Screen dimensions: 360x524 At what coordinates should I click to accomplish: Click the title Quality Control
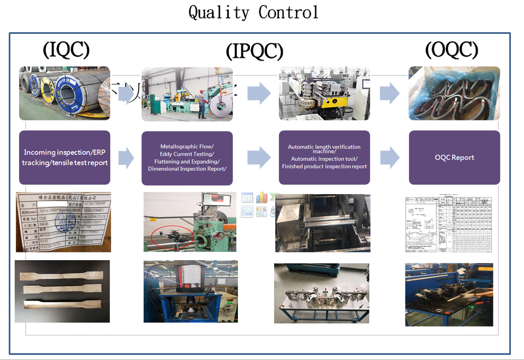(254, 12)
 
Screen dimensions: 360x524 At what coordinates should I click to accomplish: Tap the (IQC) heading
(66, 50)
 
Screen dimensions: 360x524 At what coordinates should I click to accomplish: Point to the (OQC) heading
(451, 50)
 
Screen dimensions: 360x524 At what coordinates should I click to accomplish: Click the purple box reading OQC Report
(454, 158)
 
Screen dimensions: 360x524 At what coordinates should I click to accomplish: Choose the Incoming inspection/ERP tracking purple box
(65, 158)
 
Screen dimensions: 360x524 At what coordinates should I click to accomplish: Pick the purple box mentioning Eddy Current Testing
(187, 158)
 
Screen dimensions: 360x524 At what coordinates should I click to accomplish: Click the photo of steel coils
(64, 93)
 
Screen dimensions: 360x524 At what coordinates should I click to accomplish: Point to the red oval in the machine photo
(171, 236)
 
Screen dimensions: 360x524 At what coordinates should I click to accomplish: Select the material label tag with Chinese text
(63, 222)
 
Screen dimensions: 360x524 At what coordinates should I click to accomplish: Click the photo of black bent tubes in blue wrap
(454, 93)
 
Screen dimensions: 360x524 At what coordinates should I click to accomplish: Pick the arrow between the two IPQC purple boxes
(259, 158)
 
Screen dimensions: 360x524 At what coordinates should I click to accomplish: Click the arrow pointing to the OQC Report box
(390, 158)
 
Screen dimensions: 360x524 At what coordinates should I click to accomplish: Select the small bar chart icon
(261, 197)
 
